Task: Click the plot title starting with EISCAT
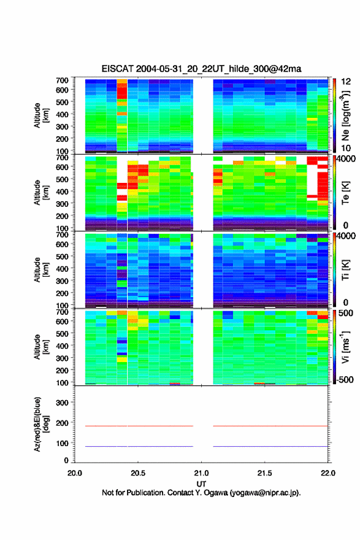pos(201,69)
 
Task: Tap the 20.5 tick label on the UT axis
pos(137,473)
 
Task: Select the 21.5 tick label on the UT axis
pos(264,473)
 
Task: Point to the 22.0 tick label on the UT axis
pos(328,473)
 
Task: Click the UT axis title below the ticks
pos(201,484)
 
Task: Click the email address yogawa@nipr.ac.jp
pos(264,493)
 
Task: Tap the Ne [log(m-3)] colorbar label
pos(345,115)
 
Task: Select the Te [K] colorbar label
pos(345,193)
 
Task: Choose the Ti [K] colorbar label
pos(345,270)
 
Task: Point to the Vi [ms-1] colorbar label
pos(345,347)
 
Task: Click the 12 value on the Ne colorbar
pos(346,82)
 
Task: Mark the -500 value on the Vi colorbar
pos(345,379)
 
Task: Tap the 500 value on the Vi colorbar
pos(346,313)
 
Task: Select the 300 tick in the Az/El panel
pos(63,403)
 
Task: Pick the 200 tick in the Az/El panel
pos(63,423)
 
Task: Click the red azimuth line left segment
pos(139,426)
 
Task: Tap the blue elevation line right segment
pos(270,446)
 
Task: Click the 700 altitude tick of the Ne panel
pos(63,80)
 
